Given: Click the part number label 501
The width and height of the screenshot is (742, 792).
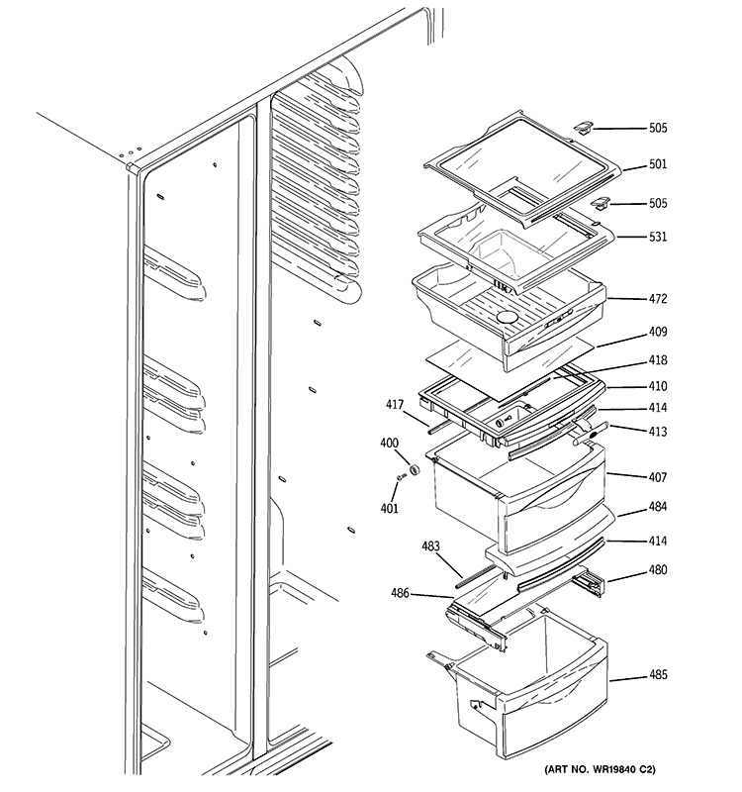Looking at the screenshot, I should (658, 165).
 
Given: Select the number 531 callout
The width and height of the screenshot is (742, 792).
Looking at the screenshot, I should (658, 237).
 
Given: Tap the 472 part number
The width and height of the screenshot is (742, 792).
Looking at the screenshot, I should (658, 298).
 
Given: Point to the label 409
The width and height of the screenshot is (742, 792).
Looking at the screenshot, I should (658, 332).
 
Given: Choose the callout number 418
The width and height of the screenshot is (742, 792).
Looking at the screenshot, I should (658, 360).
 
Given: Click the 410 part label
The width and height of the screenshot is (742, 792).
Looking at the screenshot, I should (658, 386).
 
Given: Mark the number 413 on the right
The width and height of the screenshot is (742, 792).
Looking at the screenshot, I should (658, 432).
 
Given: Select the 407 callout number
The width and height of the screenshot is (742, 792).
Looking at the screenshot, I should (658, 476).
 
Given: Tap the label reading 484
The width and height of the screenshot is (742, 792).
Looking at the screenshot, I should (658, 507).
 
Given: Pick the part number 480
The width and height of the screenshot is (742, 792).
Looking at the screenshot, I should (658, 570).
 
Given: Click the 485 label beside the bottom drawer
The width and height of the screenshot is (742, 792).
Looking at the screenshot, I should (658, 676).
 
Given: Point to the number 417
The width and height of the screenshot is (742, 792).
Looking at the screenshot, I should (396, 404).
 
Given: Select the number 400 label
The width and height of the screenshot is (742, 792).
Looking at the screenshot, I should (390, 445).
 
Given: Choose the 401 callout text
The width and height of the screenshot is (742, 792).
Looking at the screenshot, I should (390, 509).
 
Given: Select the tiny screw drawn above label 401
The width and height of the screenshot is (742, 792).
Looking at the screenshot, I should (402, 480).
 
